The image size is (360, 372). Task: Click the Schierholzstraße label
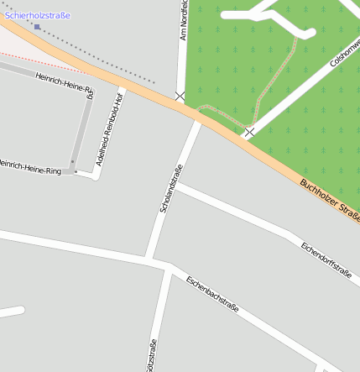(x=38, y=15)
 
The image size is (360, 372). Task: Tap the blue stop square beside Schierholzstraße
(x=37, y=27)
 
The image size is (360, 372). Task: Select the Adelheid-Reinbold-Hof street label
(x=109, y=130)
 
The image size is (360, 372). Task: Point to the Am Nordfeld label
(x=184, y=21)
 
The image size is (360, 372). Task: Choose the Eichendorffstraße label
(x=326, y=259)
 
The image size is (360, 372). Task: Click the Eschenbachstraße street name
(x=212, y=295)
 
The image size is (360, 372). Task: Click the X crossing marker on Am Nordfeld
(x=180, y=97)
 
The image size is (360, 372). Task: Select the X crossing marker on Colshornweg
(x=249, y=132)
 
